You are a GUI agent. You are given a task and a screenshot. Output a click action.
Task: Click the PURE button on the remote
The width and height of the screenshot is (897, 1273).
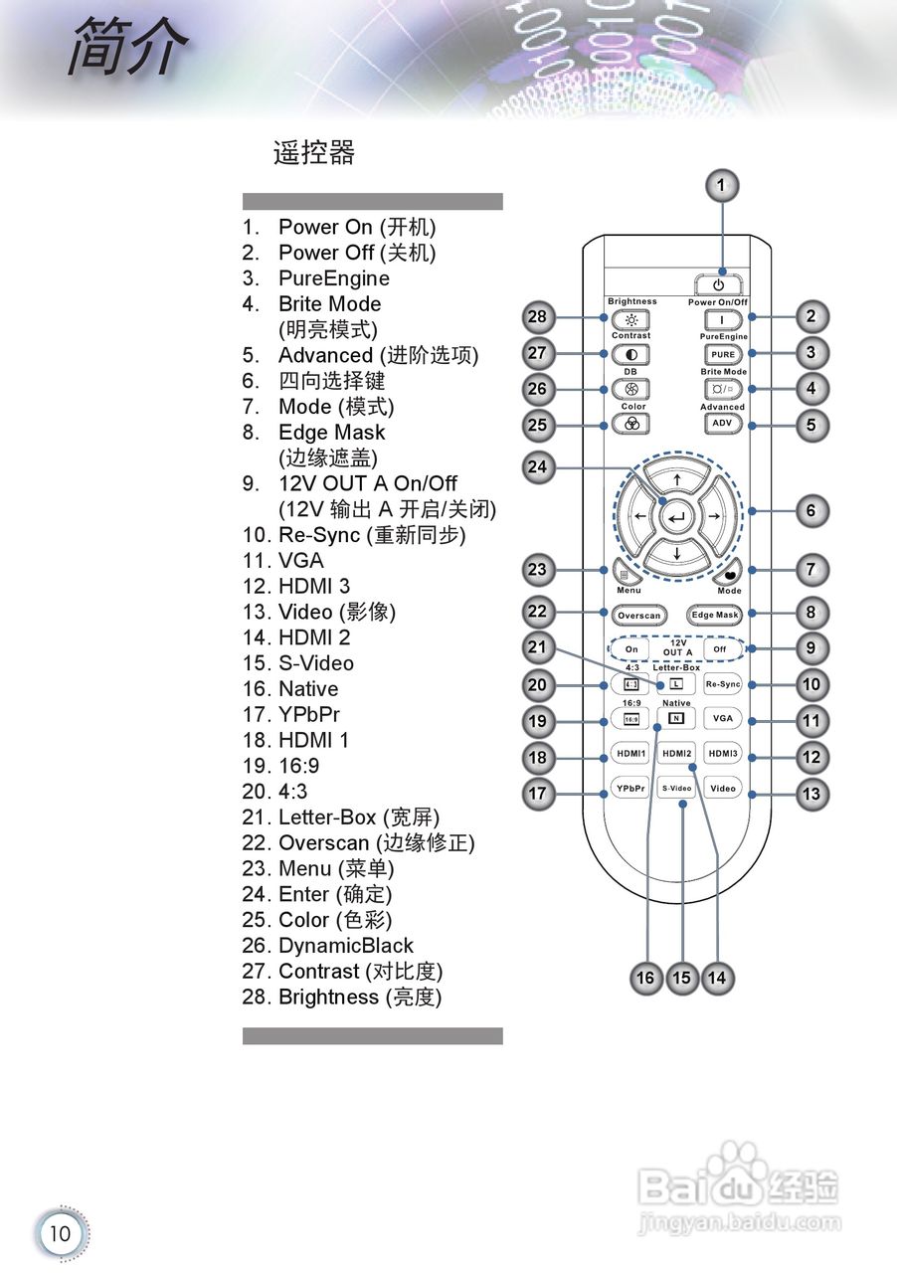723,354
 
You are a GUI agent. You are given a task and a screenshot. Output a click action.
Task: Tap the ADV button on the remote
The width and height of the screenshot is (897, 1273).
723,424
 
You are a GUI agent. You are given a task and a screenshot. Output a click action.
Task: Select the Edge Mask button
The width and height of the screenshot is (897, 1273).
715,615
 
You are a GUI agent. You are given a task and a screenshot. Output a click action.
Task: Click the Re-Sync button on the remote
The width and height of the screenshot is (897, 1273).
723,684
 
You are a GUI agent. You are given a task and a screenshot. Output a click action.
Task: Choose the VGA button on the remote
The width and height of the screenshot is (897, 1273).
723,718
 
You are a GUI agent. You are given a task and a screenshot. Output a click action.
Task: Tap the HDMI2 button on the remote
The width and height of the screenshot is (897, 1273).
677,754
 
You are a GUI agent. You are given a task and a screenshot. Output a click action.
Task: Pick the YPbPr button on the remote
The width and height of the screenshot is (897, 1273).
630,789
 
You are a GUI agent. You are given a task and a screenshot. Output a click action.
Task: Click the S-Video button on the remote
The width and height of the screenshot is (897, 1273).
677,789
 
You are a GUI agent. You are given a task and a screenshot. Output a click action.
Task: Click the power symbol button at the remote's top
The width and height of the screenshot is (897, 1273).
720,284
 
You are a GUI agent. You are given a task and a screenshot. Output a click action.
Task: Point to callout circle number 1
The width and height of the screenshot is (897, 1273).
723,184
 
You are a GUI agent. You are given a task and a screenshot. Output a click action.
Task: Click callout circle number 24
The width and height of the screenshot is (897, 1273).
538,467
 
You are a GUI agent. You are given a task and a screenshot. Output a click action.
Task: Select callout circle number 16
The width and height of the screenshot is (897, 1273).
645,978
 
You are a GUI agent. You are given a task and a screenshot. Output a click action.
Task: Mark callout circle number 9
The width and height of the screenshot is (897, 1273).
811,648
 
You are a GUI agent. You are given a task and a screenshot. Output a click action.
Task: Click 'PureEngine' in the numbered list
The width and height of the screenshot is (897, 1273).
333,278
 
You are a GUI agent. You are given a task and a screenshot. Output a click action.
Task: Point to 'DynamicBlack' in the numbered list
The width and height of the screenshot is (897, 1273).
345,946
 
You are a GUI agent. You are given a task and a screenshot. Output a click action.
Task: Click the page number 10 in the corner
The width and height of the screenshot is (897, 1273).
61,1234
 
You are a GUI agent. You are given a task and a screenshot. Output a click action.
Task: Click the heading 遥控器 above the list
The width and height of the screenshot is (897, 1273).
314,153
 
